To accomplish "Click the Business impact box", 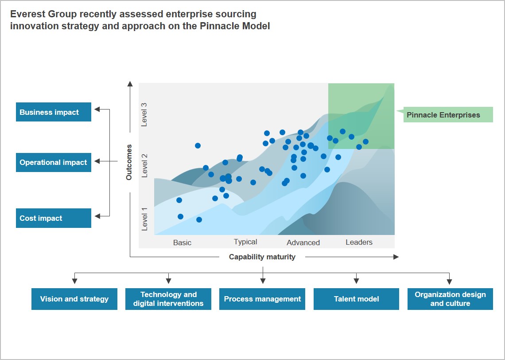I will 54,112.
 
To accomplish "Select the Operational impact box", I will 54,162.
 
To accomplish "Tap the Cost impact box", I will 54,218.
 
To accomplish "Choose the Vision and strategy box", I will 74,299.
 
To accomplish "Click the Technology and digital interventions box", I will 168,299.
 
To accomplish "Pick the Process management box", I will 262,299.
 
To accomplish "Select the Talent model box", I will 356,299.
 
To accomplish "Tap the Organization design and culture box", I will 450,299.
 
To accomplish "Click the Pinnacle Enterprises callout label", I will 443,115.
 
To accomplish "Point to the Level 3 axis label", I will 144,115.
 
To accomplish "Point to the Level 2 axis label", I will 144,166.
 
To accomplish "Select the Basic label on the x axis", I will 183,243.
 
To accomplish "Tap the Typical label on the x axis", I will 245,242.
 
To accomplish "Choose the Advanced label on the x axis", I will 303,243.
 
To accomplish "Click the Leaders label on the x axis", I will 359,242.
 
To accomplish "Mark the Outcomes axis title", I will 129,162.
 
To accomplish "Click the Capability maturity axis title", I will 262,257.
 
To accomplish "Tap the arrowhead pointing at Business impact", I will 97,109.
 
